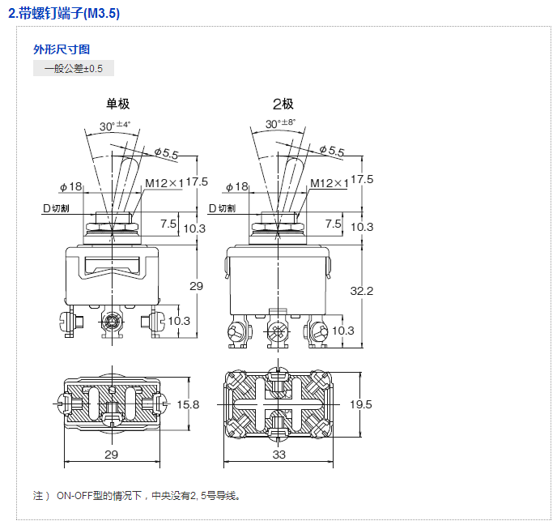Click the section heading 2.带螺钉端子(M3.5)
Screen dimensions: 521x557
pyautogui.click(x=64, y=15)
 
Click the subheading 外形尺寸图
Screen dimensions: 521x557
pyautogui.click(x=56, y=49)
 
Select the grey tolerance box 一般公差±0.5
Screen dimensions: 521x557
pyautogui.click(x=74, y=68)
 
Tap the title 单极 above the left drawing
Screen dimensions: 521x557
pyautogui.click(x=117, y=104)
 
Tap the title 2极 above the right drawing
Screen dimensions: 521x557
pyautogui.click(x=283, y=104)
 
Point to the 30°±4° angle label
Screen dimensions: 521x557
pyautogui.click(x=115, y=126)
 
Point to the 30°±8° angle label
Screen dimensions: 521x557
pyautogui.click(x=280, y=124)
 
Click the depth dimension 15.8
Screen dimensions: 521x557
pyautogui.click(x=188, y=404)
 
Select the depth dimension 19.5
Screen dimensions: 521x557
pyautogui.click(x=362, y=404)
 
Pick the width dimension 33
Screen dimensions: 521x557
pyautogui.click(x=278, y=455)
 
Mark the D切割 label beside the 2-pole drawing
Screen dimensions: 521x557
pyautogui.click(x=223, y=208)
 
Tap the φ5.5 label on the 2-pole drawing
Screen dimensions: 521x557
pyautogui.click(x=331, y=151)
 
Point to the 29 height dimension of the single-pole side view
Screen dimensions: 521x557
pyautogui.click(x=196, y=286)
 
